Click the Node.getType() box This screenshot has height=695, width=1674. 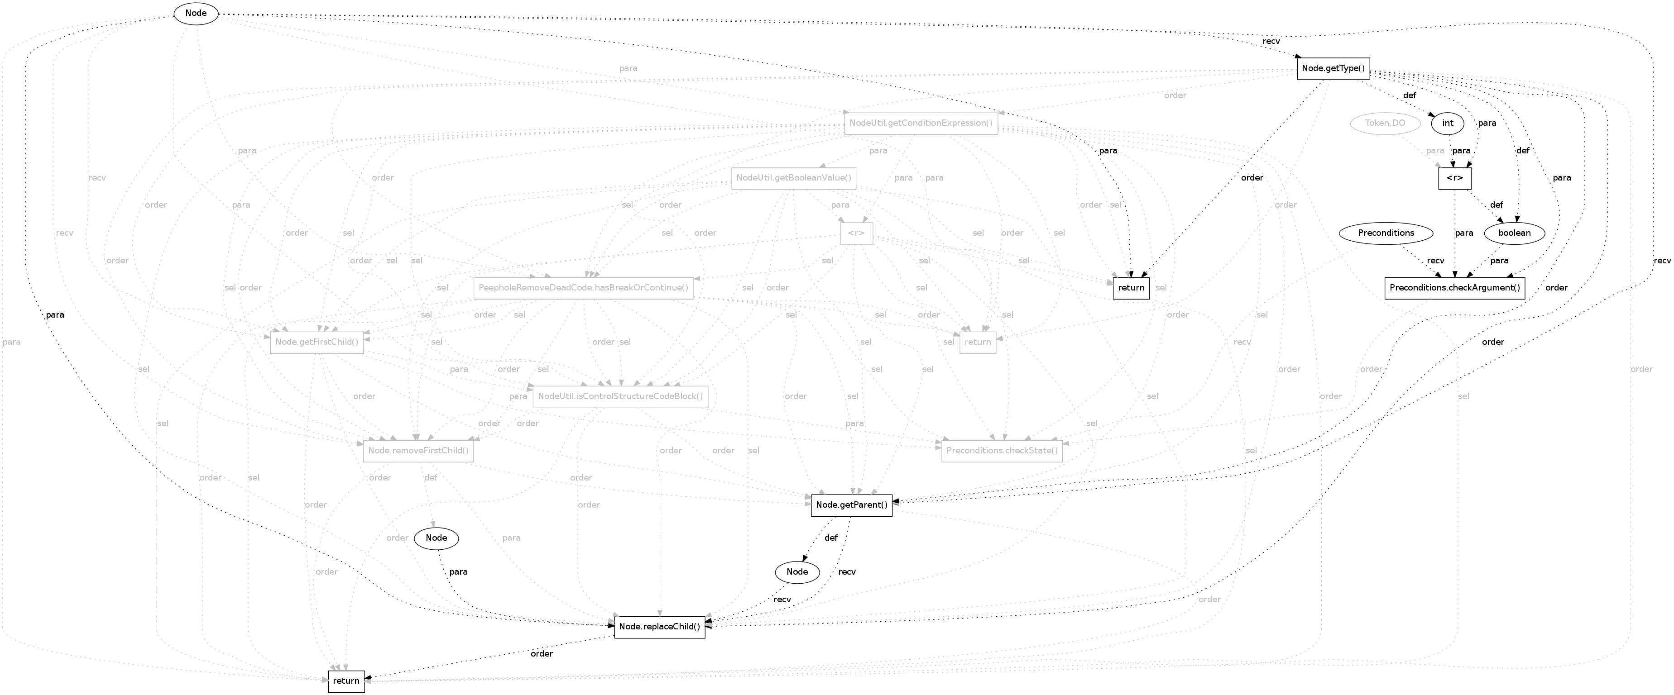pos(1333,68)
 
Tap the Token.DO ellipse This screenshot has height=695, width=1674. pos(1385,123)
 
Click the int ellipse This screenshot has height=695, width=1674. pos(1447,123)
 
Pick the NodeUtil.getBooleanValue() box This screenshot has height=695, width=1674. pos(793,178)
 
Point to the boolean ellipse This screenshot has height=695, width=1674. pos(1514,233)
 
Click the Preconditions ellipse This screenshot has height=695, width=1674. pos(1386,233)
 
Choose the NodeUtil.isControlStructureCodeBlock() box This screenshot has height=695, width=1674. pos(620,396)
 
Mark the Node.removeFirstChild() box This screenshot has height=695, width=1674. pos(418,451)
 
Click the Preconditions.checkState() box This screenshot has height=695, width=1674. pos(1002,451)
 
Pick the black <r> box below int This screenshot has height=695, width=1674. pos(1454,178)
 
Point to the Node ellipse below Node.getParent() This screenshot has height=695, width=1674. pos(797,571)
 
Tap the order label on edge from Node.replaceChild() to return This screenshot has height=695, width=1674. pos(541,653)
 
